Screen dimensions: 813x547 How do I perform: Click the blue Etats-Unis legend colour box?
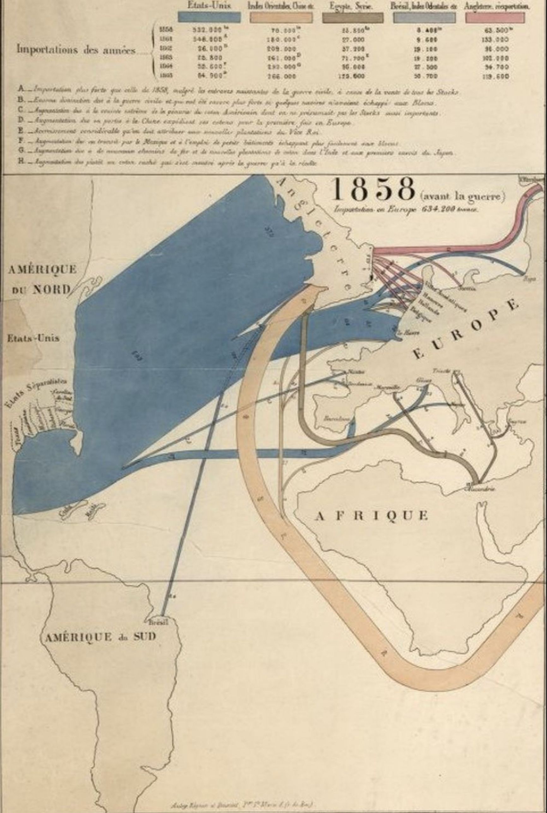(x=209, y=18)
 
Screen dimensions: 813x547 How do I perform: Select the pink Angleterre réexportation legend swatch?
(x=494, y=18)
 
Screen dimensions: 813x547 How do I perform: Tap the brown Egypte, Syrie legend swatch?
(x=353, y=18)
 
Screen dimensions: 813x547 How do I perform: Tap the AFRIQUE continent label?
(x=371, y=515)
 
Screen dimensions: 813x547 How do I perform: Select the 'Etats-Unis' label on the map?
(x=33, y=338)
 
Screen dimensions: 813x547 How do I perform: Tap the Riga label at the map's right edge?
(x=530, y=278)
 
